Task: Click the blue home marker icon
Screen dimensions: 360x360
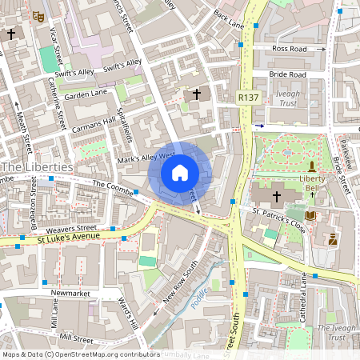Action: (180, 172)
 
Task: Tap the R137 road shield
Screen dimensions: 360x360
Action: (248, 97)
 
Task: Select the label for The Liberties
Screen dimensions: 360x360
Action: (38, 167)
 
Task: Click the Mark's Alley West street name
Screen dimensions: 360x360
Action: (146, 157)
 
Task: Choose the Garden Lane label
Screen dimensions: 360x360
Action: (86, 94)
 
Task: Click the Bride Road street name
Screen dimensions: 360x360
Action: (288, 74)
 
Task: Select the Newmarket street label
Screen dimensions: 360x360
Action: (67, 294)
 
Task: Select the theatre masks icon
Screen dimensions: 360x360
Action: (38, 15)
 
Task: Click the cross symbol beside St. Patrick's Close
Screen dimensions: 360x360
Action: (278, 195)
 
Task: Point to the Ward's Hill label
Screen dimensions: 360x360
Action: (128, 314)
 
